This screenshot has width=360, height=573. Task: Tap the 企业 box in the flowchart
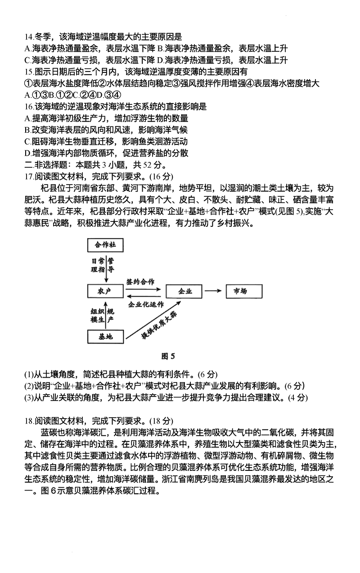[185, 291]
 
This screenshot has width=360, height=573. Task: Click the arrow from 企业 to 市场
[214, 291]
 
